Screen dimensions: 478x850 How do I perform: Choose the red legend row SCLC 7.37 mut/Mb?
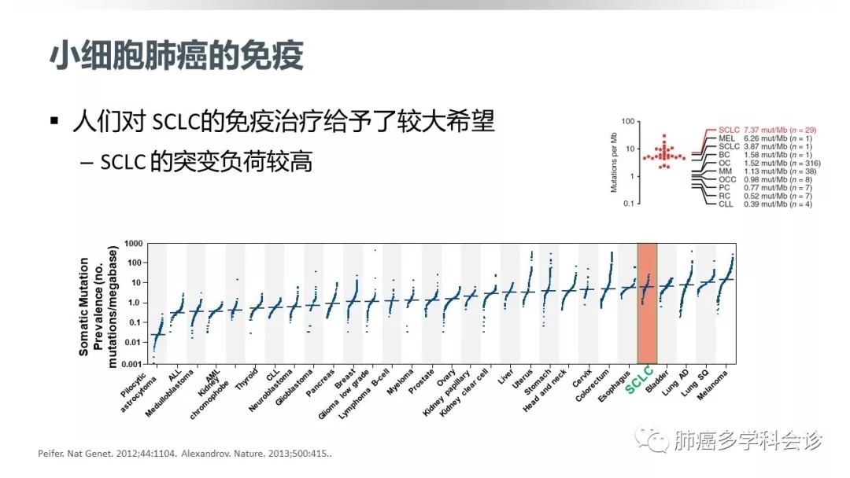pyautogui.click(x=755, y=129)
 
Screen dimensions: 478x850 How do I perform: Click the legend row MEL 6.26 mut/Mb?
pyautogui.click(x=755, y=138)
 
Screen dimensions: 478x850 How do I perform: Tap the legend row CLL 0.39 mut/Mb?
pyautogui.click(x=755, y=204)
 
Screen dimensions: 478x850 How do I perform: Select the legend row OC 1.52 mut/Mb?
pyautogui.click(x=755, y=163)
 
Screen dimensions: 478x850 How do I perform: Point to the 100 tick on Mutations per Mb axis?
pyautogui.click(x=627, y=121)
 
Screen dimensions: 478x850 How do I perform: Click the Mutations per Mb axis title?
pyautogui.click(x=614, y=162)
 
